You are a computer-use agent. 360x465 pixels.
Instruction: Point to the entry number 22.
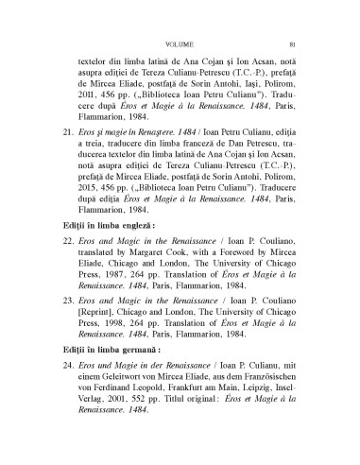tap(66, 244)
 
